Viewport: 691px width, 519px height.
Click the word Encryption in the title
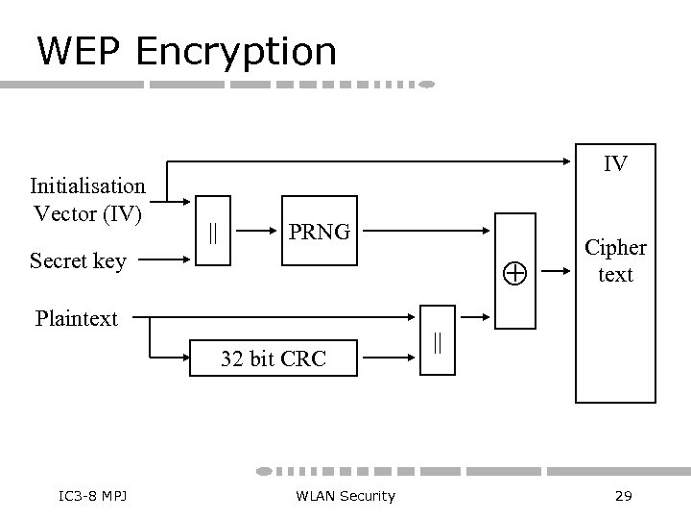(236, 52)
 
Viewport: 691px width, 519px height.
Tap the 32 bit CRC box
(274, 359)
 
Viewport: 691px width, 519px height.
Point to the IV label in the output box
(615, 164)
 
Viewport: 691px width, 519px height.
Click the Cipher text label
(615, 260)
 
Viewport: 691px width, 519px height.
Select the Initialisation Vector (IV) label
(87, 198)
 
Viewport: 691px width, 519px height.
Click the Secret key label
(78, 260)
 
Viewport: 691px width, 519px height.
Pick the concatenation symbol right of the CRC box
(438, 343)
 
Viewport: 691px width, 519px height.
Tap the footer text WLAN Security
(345, 495)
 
